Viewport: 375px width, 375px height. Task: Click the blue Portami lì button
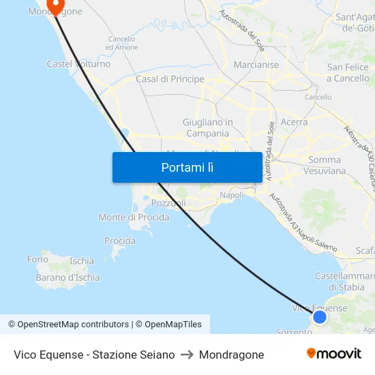tap(187, 168)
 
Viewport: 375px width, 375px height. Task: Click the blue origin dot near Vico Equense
tap(319, 316)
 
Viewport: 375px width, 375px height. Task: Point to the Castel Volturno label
tap(78, 64)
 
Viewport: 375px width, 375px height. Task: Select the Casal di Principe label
tap(170, 79)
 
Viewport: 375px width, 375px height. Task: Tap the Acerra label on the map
tap(294, 122)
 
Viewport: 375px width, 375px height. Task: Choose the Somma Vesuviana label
tap(327, 166)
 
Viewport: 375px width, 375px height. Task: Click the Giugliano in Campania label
tap(207, 127)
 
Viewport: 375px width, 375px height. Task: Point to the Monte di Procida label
tap(134, 217)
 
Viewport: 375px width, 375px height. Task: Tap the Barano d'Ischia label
tap(67, 277)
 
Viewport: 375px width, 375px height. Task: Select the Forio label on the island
tap(37, 259)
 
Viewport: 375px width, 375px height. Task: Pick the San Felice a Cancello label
tap(348, 72)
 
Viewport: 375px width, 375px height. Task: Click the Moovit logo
tap(333, 354)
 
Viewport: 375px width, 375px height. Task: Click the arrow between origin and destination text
tap(186, 355)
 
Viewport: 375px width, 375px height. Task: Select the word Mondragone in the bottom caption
tap(231, 355)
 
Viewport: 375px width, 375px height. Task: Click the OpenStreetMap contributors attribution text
tap(73, 325)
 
